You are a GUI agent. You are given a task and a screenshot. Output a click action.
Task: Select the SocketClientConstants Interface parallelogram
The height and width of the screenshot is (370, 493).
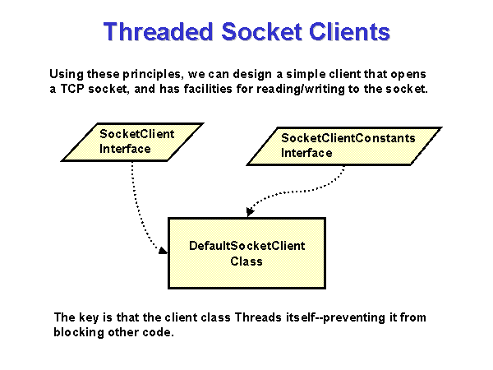pyautogui.click(x=345, y=146)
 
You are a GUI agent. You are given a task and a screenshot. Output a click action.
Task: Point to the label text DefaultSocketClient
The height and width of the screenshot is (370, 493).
pyautogui.click(x=246, y=246)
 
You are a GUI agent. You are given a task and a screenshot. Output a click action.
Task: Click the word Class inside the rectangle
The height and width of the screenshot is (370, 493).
pyautogui.click(x=246, y=261)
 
